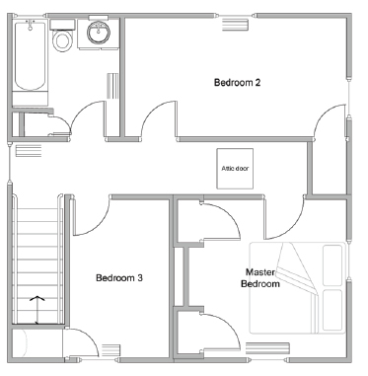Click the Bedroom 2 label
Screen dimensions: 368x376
[x=237, y=82]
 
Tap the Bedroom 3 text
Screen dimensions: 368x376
[x=119, y=278]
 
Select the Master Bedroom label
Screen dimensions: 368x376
[x=260, y=278]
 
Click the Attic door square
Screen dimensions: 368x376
[x=235, y=169]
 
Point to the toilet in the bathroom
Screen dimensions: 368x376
[x=62, y=37]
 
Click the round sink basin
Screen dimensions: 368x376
[x=99, y=33]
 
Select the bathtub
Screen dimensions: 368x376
[x=31, y=55]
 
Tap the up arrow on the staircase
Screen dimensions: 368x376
[x=37, y=310]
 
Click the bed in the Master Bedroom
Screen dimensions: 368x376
[x=298, y=288]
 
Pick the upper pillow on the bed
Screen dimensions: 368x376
[x=332, y=265]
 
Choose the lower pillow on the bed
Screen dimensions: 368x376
[x=332, y=310]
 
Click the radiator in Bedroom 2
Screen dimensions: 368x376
[x=235, y=25]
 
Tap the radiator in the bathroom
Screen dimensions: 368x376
[x=112, y=86]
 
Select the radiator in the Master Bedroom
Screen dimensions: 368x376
[x=267, y=348]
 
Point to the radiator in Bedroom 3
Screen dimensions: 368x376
[x=110, y=350]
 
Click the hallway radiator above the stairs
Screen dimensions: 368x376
[x=29, y=151]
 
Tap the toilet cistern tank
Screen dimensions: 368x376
[x=62, y=24]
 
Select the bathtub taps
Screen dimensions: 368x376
[x=31, y=24]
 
